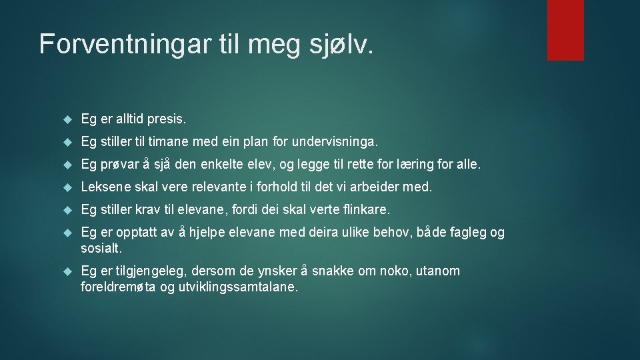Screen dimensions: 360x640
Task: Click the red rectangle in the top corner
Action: click(x=565, y=30)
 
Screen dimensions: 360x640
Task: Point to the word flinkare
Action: click(x=365, y=210)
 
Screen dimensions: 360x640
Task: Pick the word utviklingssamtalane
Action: click(x=237, y=287)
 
